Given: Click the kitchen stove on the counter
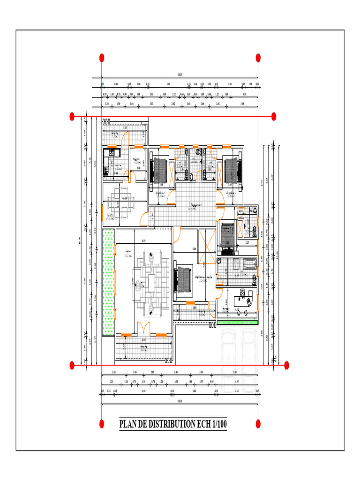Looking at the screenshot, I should click(112, 152).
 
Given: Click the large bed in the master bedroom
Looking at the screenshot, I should click(184, 281).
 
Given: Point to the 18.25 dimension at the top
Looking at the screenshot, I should click(180, 75).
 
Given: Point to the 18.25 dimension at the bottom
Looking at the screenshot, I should click(180, 402).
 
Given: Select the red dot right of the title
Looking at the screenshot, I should click(258, 424).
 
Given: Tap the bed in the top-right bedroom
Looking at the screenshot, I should click(232, 170).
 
